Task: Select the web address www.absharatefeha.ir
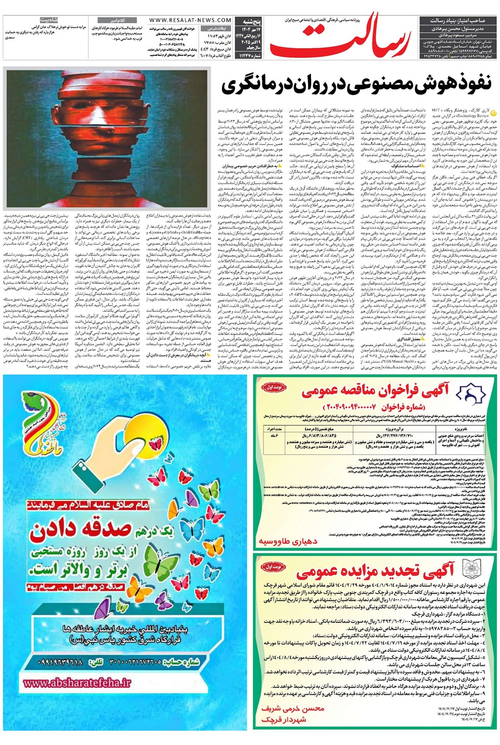point(77,682)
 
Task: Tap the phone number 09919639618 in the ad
point(57,662)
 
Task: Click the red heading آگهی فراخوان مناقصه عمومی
point(376,391)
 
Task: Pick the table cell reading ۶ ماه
point(274,436)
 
